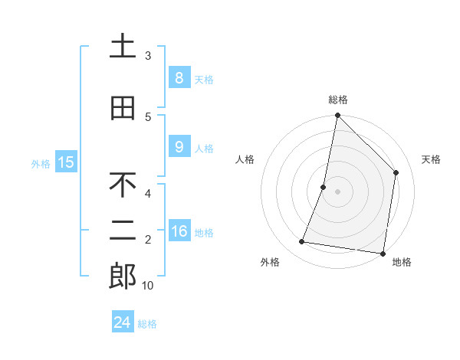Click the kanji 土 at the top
click(123, 47)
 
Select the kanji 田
click(123, 108)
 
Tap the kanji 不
click(123, 185)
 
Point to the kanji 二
click(123, 232)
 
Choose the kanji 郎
click(123, 277)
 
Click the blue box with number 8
click(179, 78)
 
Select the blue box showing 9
click(179, 147)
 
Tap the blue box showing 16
click(179, 231)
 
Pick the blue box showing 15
click(66, 162)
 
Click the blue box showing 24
click(122, 322)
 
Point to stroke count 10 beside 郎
click(148, 286)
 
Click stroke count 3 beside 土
click(148, 56)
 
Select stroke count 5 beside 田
click(148, 116)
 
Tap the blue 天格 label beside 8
click(203, 79)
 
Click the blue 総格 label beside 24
click(147, 324)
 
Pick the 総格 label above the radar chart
click(337, 100)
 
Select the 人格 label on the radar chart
click(245, 159)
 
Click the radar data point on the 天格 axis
click(396, 172)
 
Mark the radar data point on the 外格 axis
click(302, 242)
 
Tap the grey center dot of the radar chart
click(337, 191)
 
